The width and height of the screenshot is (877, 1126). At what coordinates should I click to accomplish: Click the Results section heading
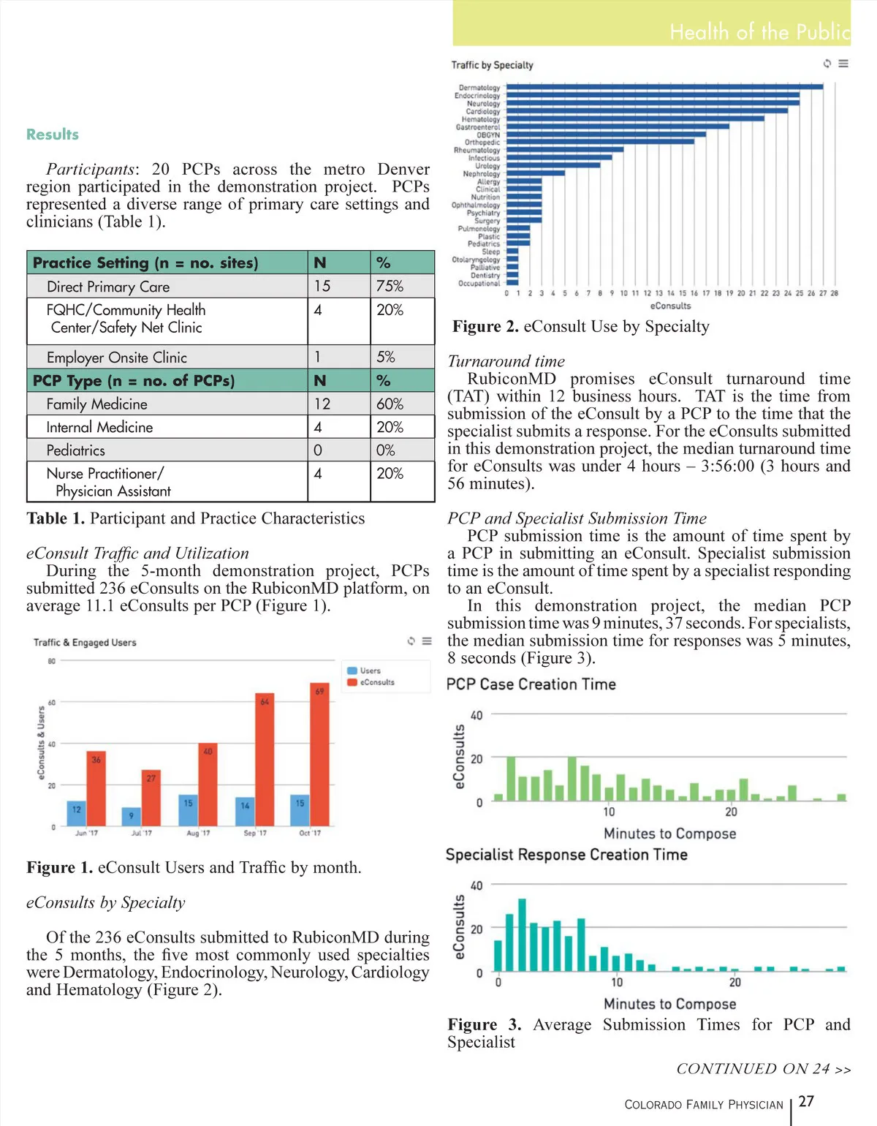click(53, 135)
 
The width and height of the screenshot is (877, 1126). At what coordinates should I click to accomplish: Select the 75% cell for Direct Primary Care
click(390, 286)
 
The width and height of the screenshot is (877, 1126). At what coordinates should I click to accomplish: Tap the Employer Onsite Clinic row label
click(117, 358)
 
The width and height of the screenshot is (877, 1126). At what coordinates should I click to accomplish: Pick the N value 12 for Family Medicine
click(322, 404)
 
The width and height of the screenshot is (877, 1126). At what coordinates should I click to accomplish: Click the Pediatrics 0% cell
click(386, 450)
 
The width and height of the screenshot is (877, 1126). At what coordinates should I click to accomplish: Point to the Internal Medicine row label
click(99, 427)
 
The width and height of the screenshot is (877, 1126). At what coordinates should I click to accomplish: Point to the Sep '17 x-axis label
click(255, 833)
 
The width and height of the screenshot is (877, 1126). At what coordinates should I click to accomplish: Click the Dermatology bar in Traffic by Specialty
click(664, 87)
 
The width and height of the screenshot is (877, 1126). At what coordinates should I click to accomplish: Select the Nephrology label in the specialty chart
click(481, 174)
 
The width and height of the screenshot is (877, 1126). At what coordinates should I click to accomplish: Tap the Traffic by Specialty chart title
click(492, 65)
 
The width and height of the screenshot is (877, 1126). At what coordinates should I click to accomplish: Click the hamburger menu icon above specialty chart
click(843, 64)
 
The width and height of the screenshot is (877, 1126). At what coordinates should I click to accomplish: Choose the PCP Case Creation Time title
click(531, 684)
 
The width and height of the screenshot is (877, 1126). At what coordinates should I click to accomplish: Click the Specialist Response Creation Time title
click(566, 855)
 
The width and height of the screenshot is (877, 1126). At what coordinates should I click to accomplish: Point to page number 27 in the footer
click(806, 1101)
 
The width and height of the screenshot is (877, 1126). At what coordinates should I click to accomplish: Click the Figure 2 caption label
click(485, 327)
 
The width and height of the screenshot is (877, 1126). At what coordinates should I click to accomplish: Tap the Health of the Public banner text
click(759, 32)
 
